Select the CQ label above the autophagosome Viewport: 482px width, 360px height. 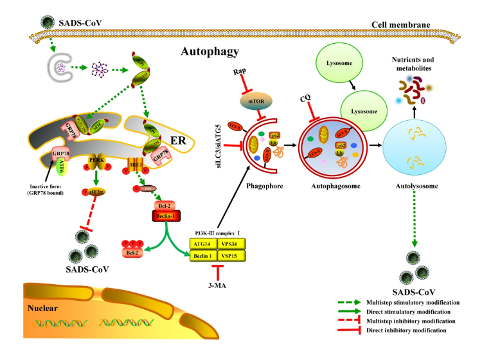307,100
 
